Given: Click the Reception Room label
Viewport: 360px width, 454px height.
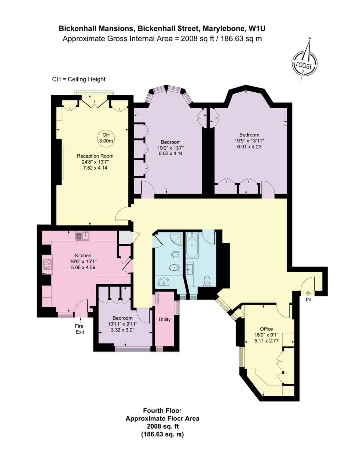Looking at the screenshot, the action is click(x=95, y=156).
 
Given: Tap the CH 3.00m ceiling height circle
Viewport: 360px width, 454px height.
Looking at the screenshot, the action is click(x=106, y=138).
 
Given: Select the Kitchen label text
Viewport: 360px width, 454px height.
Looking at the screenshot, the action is click(x=83, y=256).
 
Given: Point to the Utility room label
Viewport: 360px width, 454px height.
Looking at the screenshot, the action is click(x=165, y=319).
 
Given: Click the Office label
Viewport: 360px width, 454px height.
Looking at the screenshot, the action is click(x=266, y=329).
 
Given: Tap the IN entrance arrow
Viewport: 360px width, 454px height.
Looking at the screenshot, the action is click(x=308, y=293).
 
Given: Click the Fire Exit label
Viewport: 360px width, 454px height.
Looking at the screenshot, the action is click(x=80, y=329).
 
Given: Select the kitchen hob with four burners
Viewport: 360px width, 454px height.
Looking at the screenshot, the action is click(x=47, y=264).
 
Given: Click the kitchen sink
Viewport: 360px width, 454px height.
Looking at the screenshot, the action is click(x=83, y=236).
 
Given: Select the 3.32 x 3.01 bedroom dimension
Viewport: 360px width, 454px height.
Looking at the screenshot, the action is click(x=123, y=330).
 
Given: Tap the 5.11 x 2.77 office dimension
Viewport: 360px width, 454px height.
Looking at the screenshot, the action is click(x=266, y=341).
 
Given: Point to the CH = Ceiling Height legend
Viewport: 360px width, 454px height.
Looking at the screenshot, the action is click(x=79, y=79).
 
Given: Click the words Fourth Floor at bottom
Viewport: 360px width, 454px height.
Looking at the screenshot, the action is click(x=162, y=411).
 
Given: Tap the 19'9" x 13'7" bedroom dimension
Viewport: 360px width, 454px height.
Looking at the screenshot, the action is click(x=171, y=148).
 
